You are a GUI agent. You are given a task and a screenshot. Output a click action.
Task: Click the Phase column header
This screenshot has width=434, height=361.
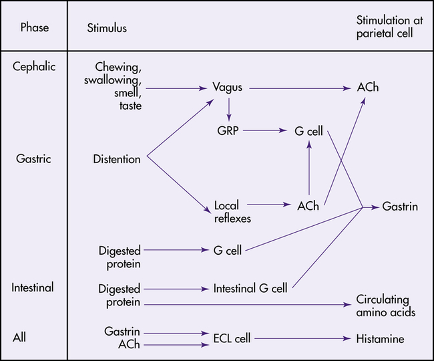(35, 28)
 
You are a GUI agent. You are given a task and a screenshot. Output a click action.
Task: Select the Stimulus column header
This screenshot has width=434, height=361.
(107, 28)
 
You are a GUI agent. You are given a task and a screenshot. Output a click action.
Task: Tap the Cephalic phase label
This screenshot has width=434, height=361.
(34, 66)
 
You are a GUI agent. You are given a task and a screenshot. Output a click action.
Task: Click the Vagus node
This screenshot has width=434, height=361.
(227, 88)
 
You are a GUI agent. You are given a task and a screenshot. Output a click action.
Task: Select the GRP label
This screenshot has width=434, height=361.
(228, 132)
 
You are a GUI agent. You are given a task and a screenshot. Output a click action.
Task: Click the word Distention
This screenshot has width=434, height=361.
(117, 159)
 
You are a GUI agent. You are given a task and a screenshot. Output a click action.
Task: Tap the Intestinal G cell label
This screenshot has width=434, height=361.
(250, 289)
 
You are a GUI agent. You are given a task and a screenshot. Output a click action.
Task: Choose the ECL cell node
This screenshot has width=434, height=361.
(232, 339)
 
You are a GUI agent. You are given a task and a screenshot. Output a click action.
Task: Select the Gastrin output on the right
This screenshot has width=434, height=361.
(401, 207)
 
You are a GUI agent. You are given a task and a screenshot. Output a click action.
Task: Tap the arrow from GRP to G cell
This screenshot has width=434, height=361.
(266, 132)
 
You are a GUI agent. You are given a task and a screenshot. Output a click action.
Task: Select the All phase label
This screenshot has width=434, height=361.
(19, 337)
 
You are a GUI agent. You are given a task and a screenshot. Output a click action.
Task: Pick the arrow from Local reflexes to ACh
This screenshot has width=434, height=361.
(268, 205)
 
